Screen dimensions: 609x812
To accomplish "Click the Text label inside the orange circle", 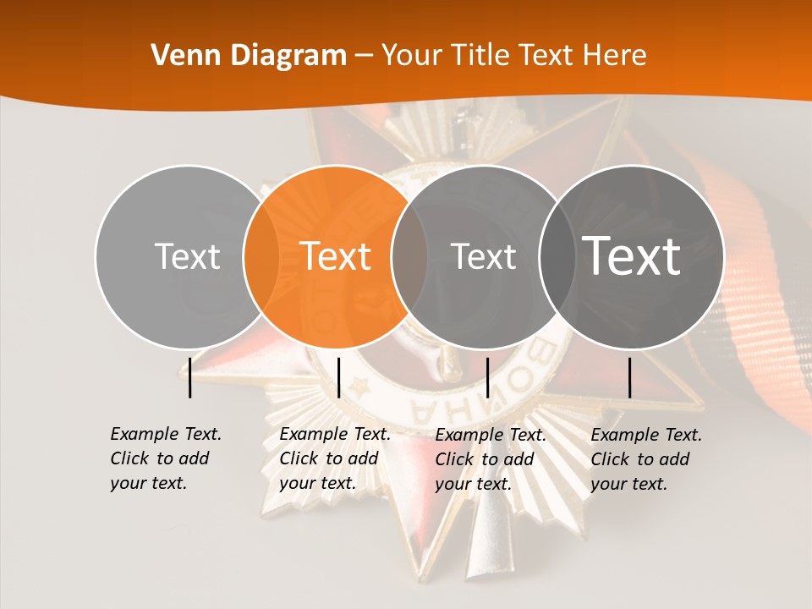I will tap(336, 256).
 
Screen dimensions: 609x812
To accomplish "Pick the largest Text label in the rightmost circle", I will tap(632, 256).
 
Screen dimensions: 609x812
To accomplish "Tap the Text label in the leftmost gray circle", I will tap(187, 256).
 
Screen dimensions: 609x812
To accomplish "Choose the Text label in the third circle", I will tap(484, 256).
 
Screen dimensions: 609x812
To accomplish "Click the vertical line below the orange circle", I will tap(338, 377).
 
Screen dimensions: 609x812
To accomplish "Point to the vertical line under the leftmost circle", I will tap(190, 377).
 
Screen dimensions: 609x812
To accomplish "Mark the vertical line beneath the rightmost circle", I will tap(630, 377).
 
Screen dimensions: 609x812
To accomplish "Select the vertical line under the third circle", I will tap(488, 377).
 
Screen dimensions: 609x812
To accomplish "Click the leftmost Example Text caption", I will tap(165, 458).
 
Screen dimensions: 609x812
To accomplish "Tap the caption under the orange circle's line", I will tap(334, 458).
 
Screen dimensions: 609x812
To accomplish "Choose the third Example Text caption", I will tap(490, 459).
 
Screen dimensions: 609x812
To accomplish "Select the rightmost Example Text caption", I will tap(645, 459).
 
